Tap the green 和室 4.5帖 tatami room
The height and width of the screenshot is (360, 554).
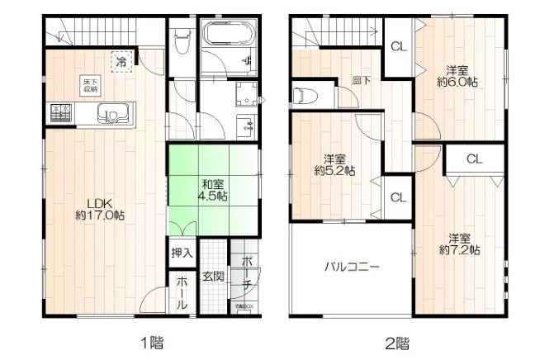[x=212, y=189]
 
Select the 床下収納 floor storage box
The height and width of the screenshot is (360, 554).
[x=89, y=83]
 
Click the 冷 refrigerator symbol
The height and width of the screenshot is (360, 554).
[x=122, y=60]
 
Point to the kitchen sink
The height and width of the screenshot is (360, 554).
[x=111, y=112]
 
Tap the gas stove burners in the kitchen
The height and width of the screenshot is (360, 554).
[x=60, y=111]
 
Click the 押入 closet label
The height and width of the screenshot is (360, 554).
[x=182, y=253]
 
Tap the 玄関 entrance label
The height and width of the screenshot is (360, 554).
[x=212, y=276]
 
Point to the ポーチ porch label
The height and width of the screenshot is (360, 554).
[x=247, y=272]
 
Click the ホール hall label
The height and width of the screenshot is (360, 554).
[x=182, y=292]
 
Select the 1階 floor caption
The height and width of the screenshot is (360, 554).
[x=152, y=341]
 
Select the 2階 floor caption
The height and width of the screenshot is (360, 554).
[x=397, y=341]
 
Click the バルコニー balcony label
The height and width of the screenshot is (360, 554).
[x=351, y=268]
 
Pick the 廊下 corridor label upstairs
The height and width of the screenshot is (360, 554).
[x=361, y=80]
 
